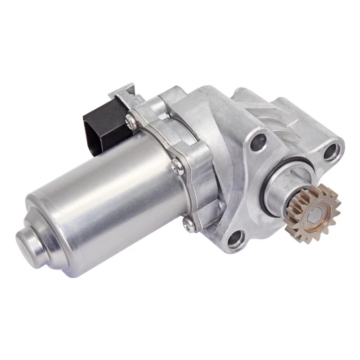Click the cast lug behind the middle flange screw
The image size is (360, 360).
198,166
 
